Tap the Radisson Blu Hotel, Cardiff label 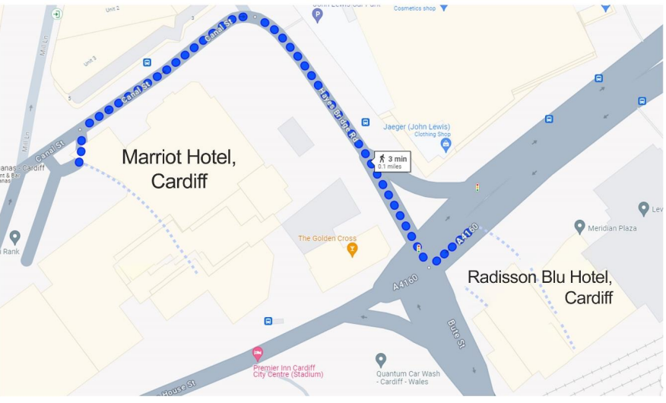point(541,287)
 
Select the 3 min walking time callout point(392,161)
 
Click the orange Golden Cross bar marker point(352,249)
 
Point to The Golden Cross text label point(327,238)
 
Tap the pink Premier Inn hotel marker point(258,353)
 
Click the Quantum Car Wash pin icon point(381,359)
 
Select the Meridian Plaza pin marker point(580,227)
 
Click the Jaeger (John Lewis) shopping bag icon point(446,144)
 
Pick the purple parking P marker point(318,14)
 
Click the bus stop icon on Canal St point(147,62)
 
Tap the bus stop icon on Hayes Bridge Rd point(366,122)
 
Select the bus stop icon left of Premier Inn point(268,321)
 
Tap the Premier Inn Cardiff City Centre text point(288,370)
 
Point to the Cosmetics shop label point(414,8)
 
